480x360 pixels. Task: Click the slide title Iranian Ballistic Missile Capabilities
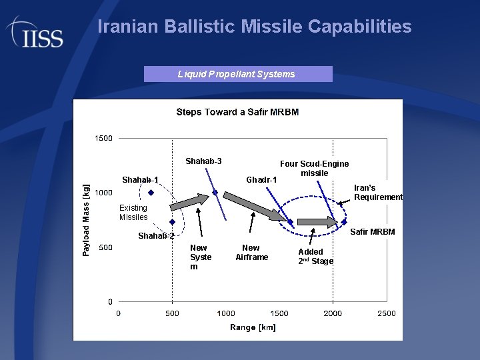tap(254, 27)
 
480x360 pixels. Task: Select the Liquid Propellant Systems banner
tap(238, 74)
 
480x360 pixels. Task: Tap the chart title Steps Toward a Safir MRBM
tap(237, 112)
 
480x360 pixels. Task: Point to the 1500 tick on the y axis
tap(103, 139)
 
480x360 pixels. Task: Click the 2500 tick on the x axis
tap(386, 313)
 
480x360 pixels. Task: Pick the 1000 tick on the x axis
tap(226, 313)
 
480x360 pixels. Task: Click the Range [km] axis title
tap(253, 327)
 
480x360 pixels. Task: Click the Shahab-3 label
tap(203, 161)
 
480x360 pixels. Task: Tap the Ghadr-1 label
tap(261, 180)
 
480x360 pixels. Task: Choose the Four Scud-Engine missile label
tap(314, 169)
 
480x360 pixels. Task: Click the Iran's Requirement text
tap(378, 193)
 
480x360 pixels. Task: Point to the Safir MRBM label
tap(373, 232)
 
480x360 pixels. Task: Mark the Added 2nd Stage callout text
tap(315, 257)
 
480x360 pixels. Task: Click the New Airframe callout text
tap(251, 253)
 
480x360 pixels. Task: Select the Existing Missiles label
tap(133, 213)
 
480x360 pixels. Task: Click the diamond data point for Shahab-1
tap(151, 193)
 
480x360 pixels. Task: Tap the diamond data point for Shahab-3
tap(215, 193)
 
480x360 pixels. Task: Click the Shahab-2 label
tap(156, 236)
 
